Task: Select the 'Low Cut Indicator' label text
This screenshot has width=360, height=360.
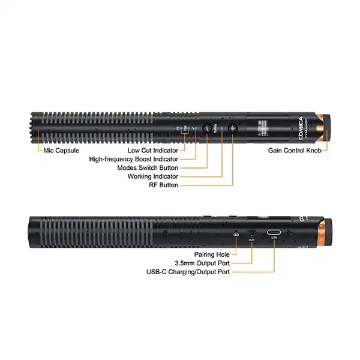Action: (152, 150)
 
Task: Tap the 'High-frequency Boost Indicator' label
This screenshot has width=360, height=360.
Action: (133, 159)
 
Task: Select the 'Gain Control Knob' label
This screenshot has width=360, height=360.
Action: (294, 150)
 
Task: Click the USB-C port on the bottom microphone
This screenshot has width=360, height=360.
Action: (275, 232)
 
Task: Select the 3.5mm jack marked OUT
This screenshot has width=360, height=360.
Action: (252, 232)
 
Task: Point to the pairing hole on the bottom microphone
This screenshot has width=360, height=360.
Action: (236, 234)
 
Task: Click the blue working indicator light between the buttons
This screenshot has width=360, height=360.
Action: (222, 128)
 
